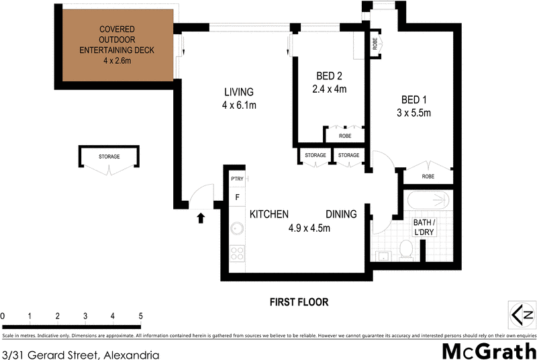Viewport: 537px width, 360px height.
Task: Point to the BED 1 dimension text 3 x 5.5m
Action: tap(413, 113)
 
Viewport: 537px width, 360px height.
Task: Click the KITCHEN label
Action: tap(269, 214)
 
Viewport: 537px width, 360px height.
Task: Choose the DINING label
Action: tap(341, 214)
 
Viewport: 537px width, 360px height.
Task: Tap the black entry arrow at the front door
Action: tap(199, 217)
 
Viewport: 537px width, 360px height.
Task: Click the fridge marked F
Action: tap(237, 197)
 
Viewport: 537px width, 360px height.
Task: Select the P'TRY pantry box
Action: tap(237, 179)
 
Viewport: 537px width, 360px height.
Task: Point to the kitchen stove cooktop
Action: tap(237, 254)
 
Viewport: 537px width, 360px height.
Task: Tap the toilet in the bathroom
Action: tap(405, 250)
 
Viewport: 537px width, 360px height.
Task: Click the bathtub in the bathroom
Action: tap(430, 200)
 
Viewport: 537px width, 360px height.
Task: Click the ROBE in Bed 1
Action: tap(428, 176)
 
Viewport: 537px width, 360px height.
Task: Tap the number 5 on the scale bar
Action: tap(140, 316)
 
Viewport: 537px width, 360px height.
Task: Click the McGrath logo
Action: tap(488, 351)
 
